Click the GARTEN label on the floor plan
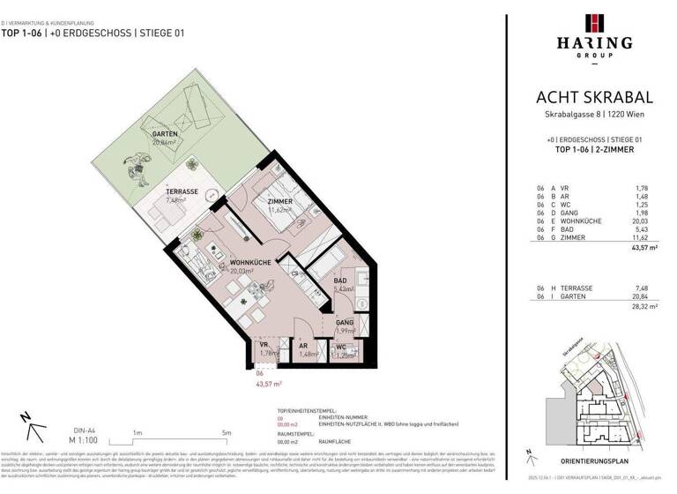point(165,134)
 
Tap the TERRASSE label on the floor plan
point(182,191)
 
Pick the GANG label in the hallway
point(345,324)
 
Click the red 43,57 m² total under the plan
point(268,384)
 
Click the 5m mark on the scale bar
point(227,433)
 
